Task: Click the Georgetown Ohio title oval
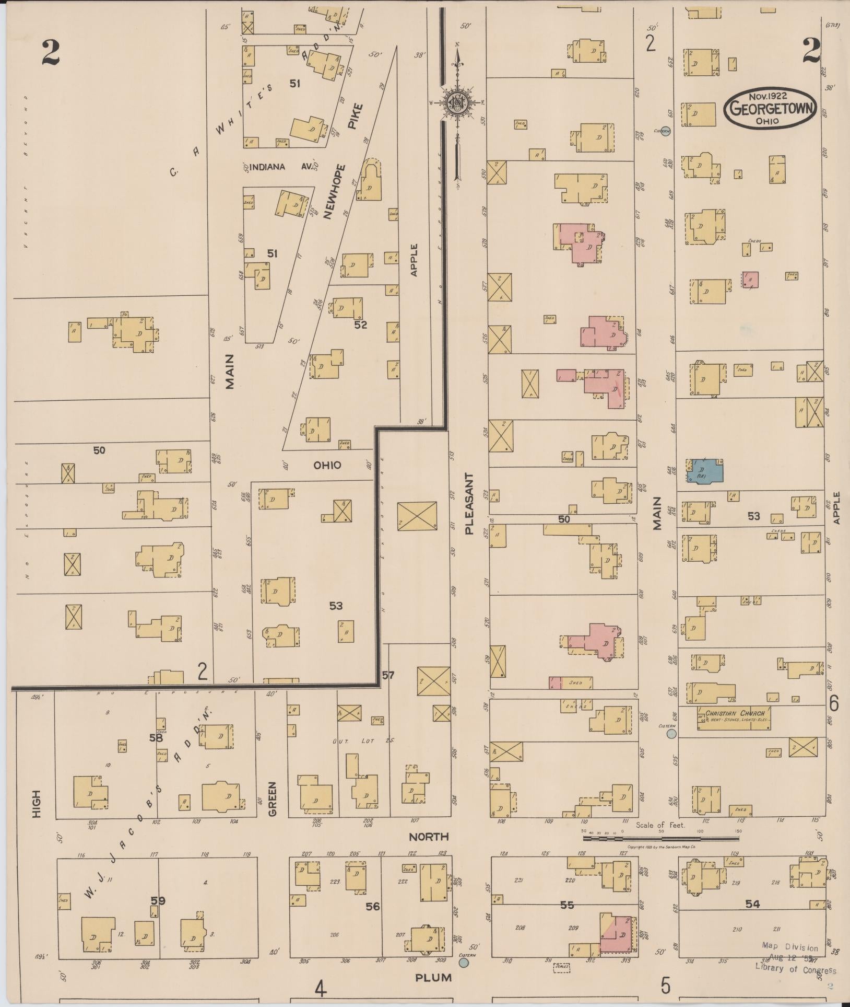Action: [770, 107]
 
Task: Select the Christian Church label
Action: [735, 713]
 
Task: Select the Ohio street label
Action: [327, 465]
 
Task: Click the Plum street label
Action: [433, 977]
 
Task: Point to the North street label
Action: [429, 837]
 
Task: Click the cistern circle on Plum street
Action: [464, 962]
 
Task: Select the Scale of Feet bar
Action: [660, 838]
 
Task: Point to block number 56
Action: [373, 906]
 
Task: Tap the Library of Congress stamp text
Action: [795, 970]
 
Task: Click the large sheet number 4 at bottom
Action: [320, 988]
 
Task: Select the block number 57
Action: [388, 675]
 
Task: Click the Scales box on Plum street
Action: [561, 967]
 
